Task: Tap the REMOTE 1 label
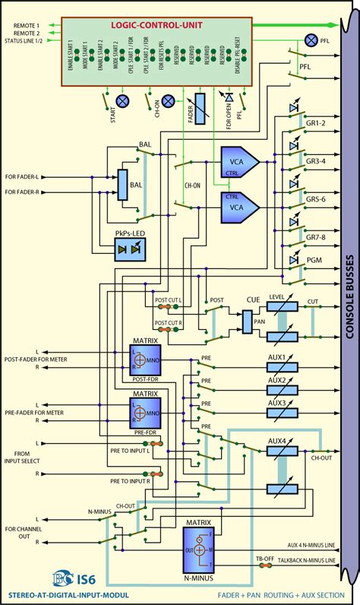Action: point(25,25)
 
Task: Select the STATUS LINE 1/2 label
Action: point(30,40)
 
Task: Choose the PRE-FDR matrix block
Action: point(145,414)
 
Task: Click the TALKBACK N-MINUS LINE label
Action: point(305,560)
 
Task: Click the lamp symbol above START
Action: point(121,101)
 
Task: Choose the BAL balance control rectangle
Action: point(123,184)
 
